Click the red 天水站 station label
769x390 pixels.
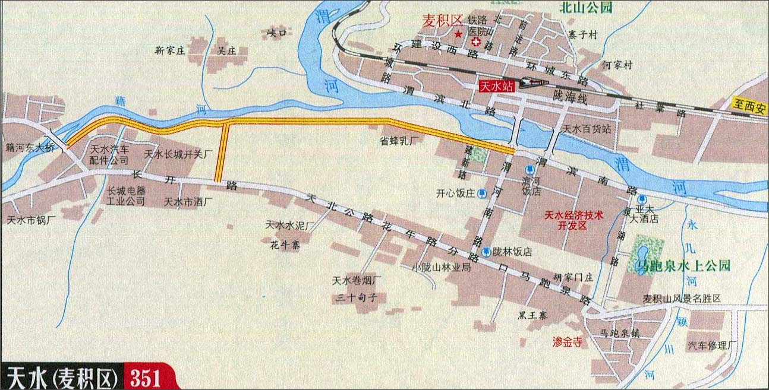tap(497, 86)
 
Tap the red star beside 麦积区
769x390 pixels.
tap(458, 34)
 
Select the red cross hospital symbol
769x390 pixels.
tap(476, 42)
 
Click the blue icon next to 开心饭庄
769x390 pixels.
tap(482, 193)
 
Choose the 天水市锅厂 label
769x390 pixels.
tap(31, 220)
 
